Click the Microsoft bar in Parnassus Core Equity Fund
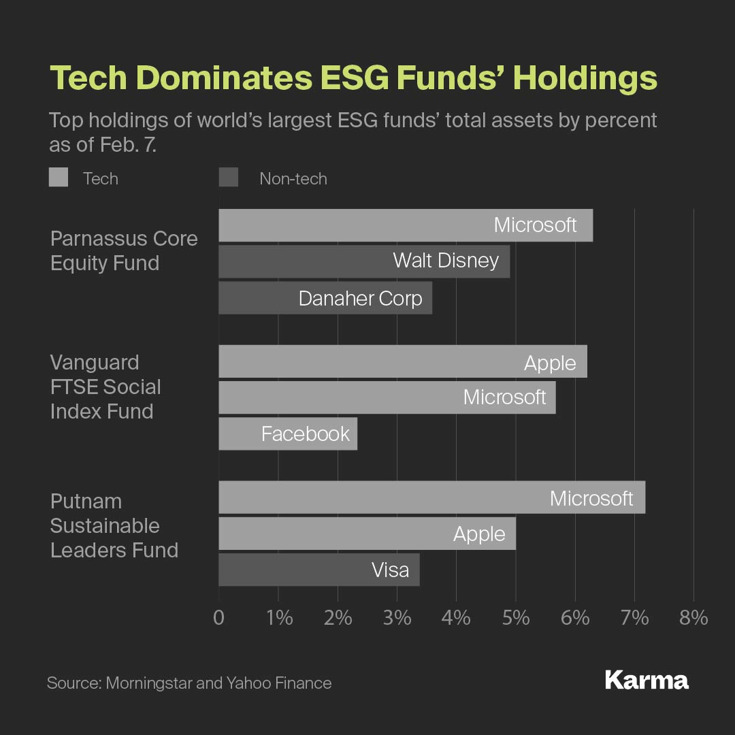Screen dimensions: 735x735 click(406, 225)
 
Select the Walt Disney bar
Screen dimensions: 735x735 click(364, 261)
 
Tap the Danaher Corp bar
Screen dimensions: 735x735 click(325, 298)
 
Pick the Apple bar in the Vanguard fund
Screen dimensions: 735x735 click(402, 361)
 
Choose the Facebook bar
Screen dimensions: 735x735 click(288, 434)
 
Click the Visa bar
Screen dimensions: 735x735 click(319, 570)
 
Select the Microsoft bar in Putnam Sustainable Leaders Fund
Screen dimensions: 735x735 click(431, 497)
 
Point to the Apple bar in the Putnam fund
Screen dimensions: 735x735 click(367, 534)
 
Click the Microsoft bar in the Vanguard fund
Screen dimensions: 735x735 click(387, 397)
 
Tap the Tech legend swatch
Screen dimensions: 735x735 click(59, 178)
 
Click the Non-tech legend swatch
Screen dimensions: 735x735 click(229, 178)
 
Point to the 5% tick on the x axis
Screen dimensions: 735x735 click(516, 618)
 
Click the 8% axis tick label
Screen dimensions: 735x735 click(693, 618)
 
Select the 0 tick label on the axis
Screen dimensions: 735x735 click(218, 618)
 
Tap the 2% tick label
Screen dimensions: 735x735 click(338, 618)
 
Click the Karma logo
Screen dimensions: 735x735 click(647, 681)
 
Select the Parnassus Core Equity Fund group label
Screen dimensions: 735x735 click(124, 250)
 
